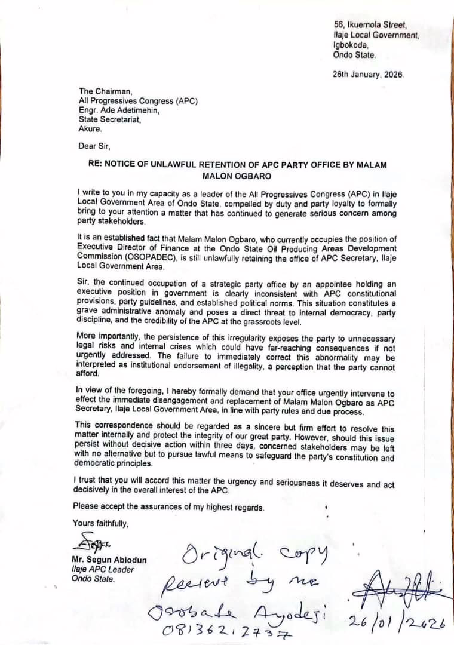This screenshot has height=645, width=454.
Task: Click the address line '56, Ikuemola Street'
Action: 370,25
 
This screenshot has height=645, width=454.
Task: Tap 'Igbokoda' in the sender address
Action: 351,45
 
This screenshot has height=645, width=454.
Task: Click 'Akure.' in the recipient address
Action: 90,128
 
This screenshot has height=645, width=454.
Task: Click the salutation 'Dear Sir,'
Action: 94,146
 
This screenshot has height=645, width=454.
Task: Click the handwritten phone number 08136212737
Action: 222,629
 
